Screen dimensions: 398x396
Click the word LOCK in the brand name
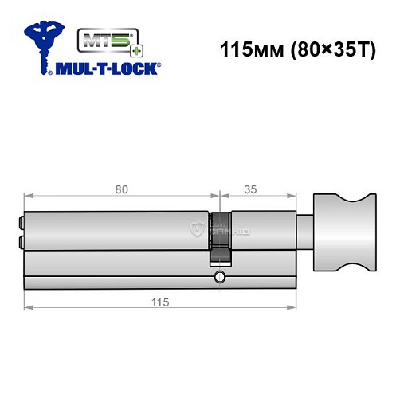click(x=135, y=69)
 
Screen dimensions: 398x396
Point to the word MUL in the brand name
click(x=70, y=69)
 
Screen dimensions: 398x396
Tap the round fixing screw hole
click(x=219, y=278)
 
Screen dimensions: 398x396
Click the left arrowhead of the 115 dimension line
click(x=28, y=313)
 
